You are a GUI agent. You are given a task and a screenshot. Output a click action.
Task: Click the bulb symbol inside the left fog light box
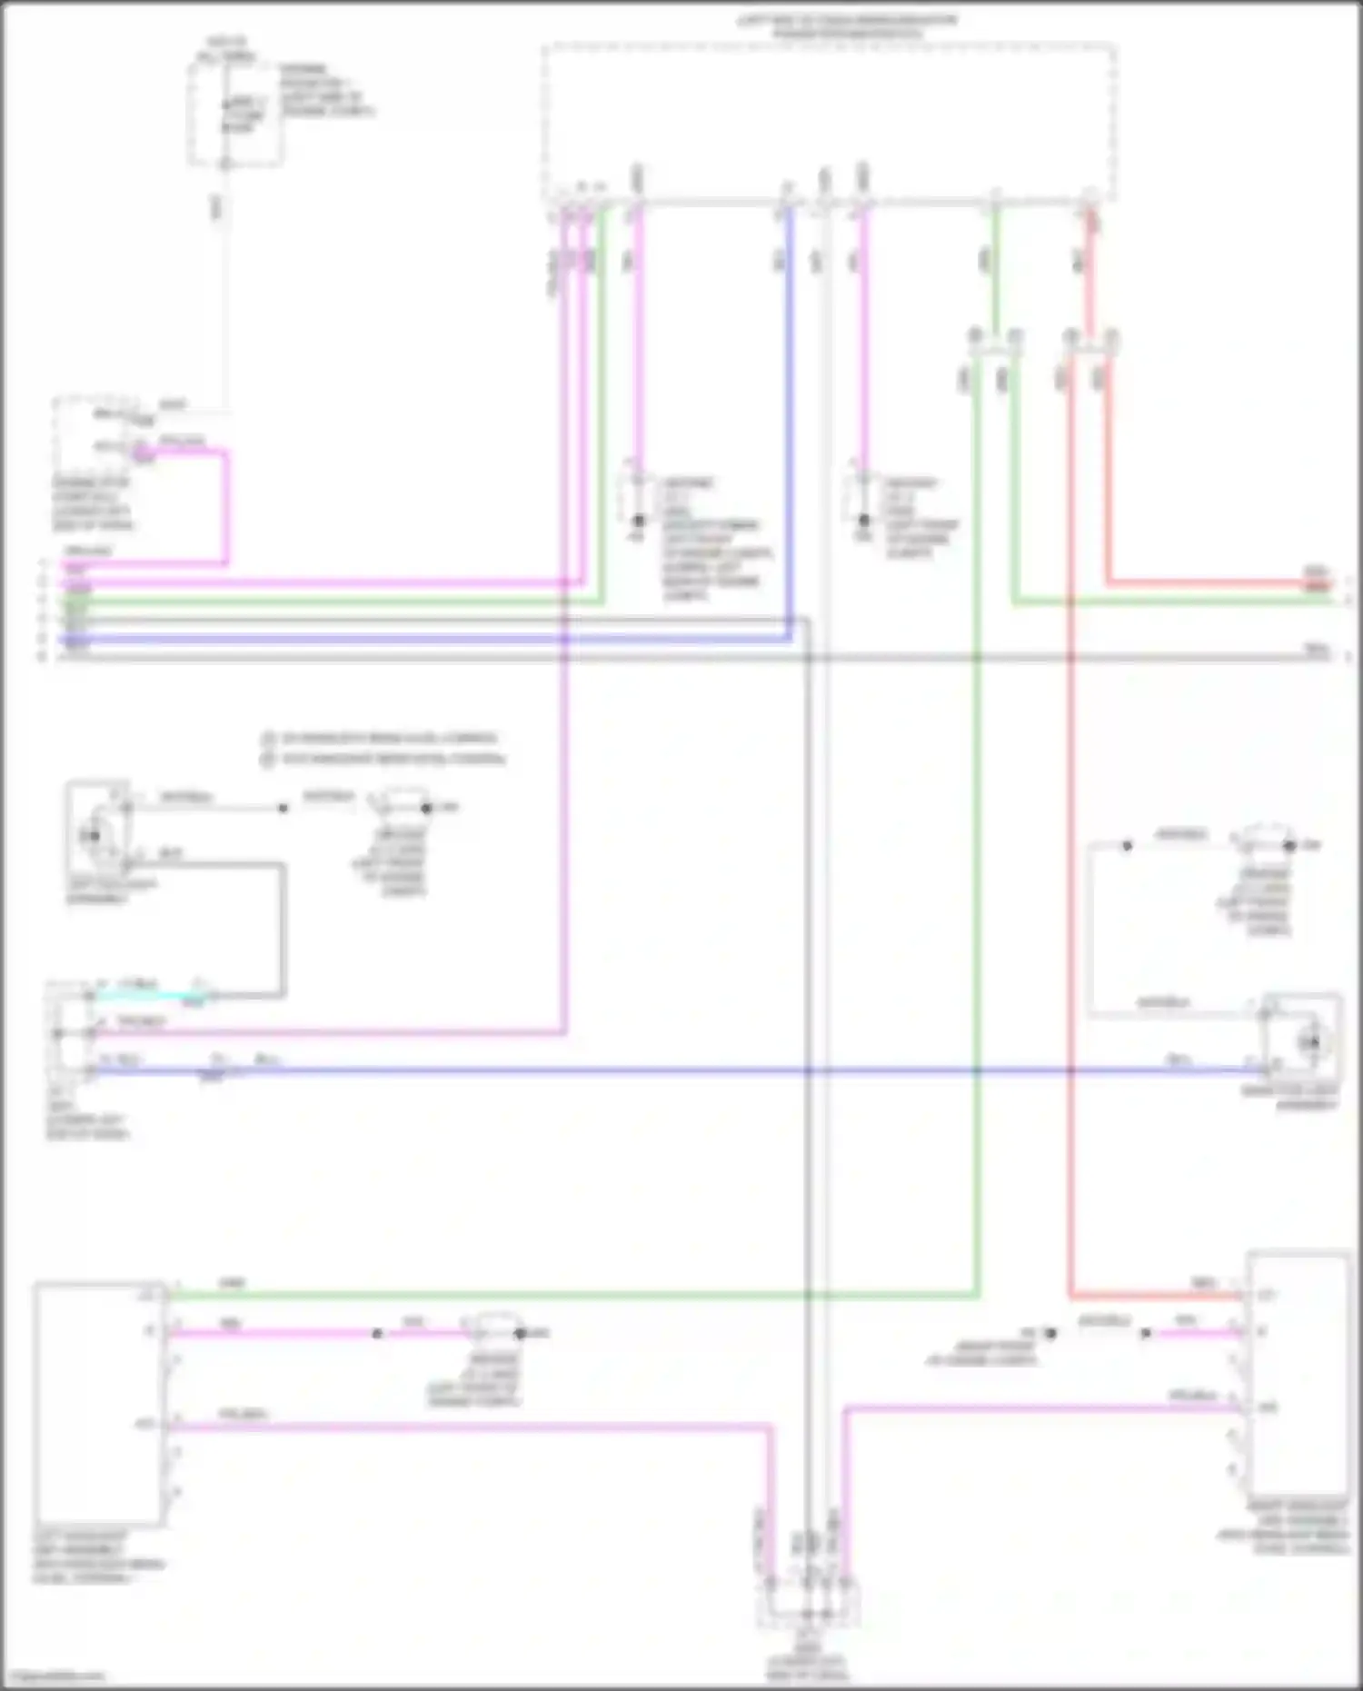pos(92,835)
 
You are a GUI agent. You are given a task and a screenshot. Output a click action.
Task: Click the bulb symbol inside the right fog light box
pos(1309,1042)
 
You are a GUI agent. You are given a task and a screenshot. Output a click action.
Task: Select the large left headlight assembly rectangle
pos(99,1404)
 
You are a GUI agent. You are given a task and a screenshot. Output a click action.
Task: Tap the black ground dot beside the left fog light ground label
pos(426,807)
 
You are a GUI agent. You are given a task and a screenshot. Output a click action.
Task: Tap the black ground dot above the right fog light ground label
pos(1289,845)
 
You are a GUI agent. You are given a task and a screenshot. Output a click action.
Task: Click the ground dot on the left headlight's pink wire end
pos(521,1334)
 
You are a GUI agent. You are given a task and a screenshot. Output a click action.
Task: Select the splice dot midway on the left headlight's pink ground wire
pos(377,1334)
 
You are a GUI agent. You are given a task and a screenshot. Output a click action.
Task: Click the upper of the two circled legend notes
pos(382,738)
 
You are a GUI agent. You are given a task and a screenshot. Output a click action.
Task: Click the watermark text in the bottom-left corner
pos(55,1675)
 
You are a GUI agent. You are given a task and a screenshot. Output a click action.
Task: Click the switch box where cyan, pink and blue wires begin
pos(68,1034)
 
